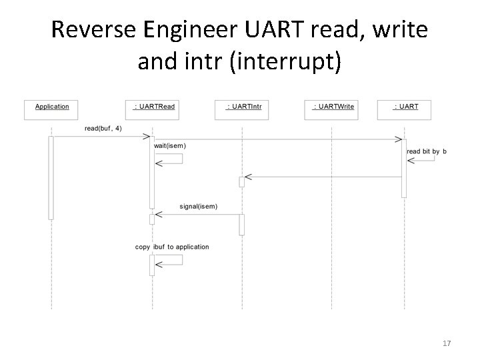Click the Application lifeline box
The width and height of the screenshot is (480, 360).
pyautogui.click(x=51, y=109)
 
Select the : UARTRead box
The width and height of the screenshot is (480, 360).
pyautogui.click(x=153, y=109)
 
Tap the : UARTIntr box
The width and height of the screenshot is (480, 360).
pyautogui.click(x=243, y=109)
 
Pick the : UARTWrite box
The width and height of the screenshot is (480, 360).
pyautogui.click(x=333, y=109)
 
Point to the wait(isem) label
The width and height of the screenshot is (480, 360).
pyautogui.click(x=170, y=145)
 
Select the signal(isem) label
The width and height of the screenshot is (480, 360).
pyautogui.click(x=198, y=206)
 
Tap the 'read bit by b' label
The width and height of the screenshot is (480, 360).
pyautogui.click(x=427, y=151)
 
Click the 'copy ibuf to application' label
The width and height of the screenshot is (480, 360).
pyautogui.click(x=172, y=247)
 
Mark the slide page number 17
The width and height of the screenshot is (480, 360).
pyautogui.click(x=447, y=343)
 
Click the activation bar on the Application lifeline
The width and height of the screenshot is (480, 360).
pyautogui.click(x=51, y=177)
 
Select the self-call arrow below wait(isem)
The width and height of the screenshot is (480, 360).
pyautogui.click(x=170, y=159)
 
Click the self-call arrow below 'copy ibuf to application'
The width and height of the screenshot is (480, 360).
pyautogui.click(x=170, y=260)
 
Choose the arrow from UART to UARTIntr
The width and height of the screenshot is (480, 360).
pyautogui.click(x=323, y=177)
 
